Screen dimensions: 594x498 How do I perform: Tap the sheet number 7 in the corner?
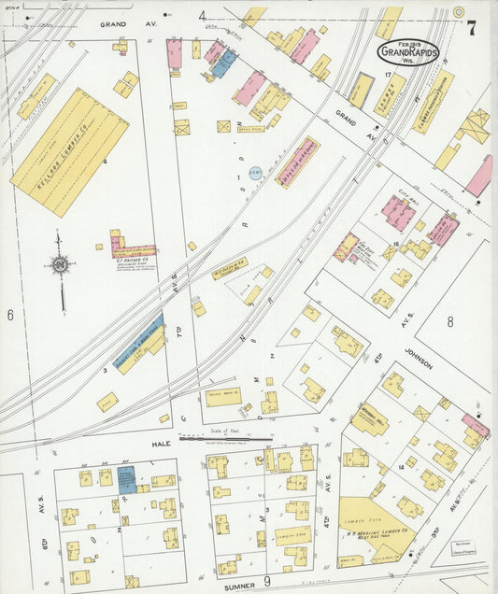pyautogui.click(x=472, y=28)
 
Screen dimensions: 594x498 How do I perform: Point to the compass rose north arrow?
pyautogui.click(x=61, y=266)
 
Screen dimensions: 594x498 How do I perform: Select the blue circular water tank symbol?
pyautogui.click(x=255, y=174)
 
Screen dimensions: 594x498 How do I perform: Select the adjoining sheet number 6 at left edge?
pyautogui.click(x=10, y=315)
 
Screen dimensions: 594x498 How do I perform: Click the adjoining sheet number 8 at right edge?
pyautogui.click(x=449, y=322)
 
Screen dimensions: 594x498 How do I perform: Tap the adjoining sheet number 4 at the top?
pyautogui.click(x=202, y=16)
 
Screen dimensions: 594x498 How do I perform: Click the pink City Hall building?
pyautogui.click(x=398, y=213)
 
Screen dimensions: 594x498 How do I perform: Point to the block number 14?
pyautogui.click(x=401, y=464)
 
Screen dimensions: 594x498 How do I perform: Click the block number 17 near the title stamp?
pyautogui.click(x=386, y=73)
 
